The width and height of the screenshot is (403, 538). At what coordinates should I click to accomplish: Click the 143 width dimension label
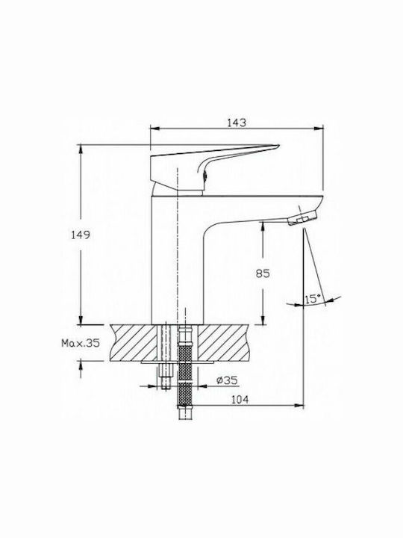[237, 123]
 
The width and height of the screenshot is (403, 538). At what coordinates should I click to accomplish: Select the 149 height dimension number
[80, 235]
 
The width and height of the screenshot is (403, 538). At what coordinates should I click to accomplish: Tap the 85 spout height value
[263, 273]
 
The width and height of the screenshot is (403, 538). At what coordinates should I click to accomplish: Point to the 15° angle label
[313, 298]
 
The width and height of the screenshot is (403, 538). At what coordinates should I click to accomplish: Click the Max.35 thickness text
[81, 342]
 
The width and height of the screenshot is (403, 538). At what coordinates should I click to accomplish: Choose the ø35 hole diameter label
[227, 380]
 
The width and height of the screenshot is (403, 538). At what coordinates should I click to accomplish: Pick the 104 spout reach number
[240, 399]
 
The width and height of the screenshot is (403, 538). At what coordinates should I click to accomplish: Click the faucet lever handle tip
[278, 147]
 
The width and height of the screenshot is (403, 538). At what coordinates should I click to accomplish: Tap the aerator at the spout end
[302, 219]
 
